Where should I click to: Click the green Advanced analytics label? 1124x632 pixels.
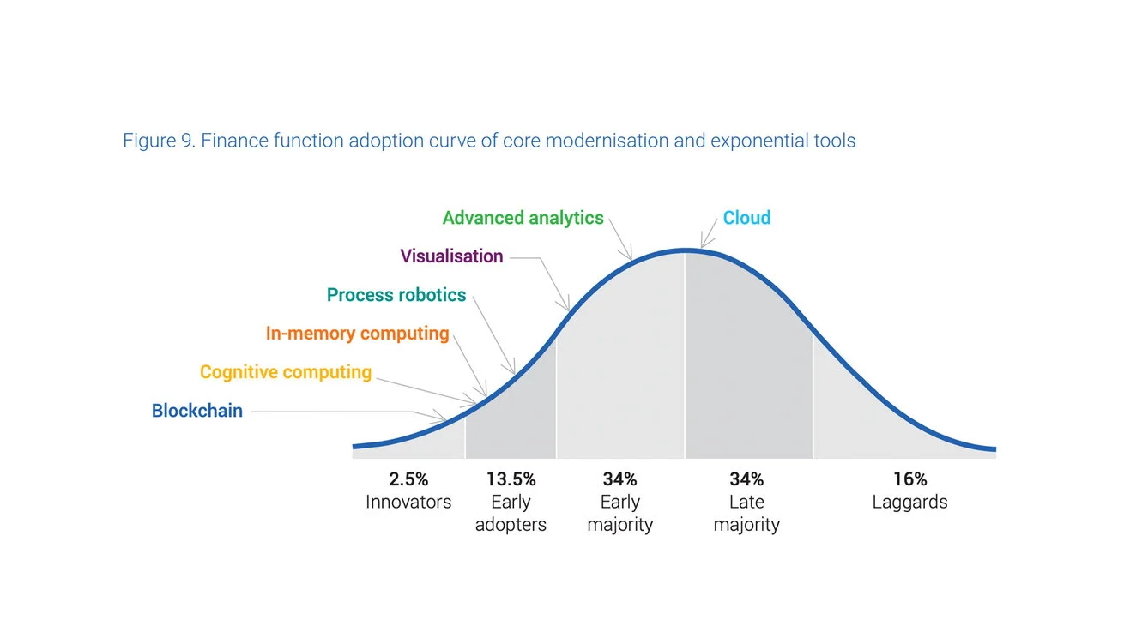pos(523,218)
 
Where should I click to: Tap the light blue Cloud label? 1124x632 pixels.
pos(746,218)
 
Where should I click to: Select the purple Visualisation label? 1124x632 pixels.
pos(451,256)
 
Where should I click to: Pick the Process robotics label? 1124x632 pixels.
pos(396,295)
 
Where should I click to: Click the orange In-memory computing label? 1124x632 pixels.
pos(357,334)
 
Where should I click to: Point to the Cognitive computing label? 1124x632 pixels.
pos(286,372)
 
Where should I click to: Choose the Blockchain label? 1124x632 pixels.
pos(197,411)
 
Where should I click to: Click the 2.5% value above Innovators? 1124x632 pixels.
pos(408,479)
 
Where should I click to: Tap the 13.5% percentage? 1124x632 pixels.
pos(511,479)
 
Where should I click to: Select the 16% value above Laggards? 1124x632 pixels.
pos(909,479)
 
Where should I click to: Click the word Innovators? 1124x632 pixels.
pos(408,503)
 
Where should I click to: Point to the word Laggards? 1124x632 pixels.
pos(909,503)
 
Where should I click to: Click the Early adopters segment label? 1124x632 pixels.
pos(511,514)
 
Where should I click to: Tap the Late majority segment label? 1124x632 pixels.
pos(746,514)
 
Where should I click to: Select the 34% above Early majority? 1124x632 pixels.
pos(619,479)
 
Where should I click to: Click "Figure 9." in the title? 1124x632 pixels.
pos(159,141)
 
